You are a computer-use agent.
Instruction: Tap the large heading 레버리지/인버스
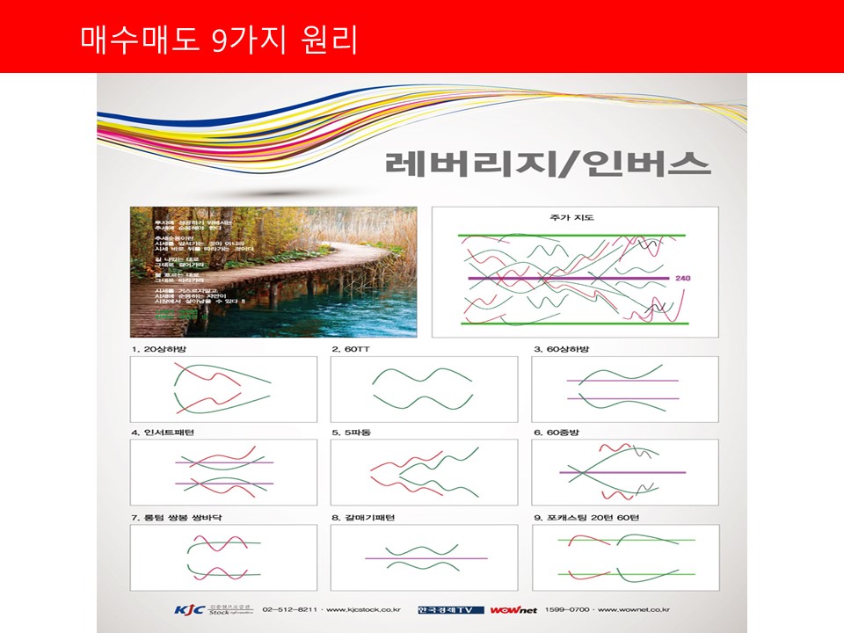click(547, 164)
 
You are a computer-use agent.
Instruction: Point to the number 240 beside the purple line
click(683, 278)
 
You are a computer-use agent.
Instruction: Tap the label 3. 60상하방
click(562, 349)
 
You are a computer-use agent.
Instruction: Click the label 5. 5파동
click(352, 433)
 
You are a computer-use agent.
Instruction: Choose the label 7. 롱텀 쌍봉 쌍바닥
click(176, 517)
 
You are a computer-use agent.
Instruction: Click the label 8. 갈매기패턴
click(363, 517)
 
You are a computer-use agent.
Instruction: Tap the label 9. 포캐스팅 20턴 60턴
click(586, 517)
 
